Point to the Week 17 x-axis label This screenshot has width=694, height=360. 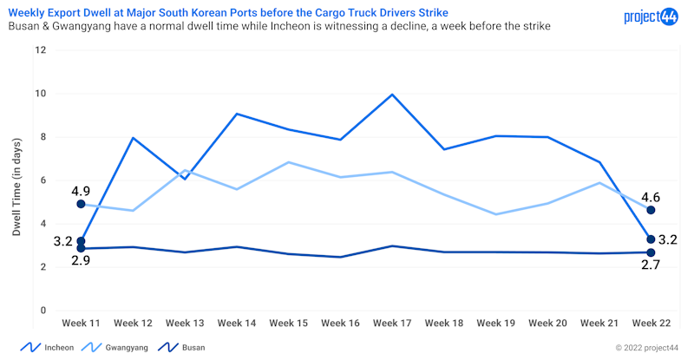tap(393, 323)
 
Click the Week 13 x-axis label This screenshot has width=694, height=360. tap(185, 323)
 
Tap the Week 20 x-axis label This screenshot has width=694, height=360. tap(549, 323)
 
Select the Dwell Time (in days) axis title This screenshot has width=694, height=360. tap(17, 180)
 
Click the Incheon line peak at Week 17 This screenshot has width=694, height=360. tap(393, 95)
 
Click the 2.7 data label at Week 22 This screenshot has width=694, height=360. tap(650, 265)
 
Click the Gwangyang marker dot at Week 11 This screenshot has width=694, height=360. tap(81, 204)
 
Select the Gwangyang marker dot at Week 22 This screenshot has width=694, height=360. tap(651, 210)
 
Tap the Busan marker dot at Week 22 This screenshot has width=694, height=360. tap(651, 252)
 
